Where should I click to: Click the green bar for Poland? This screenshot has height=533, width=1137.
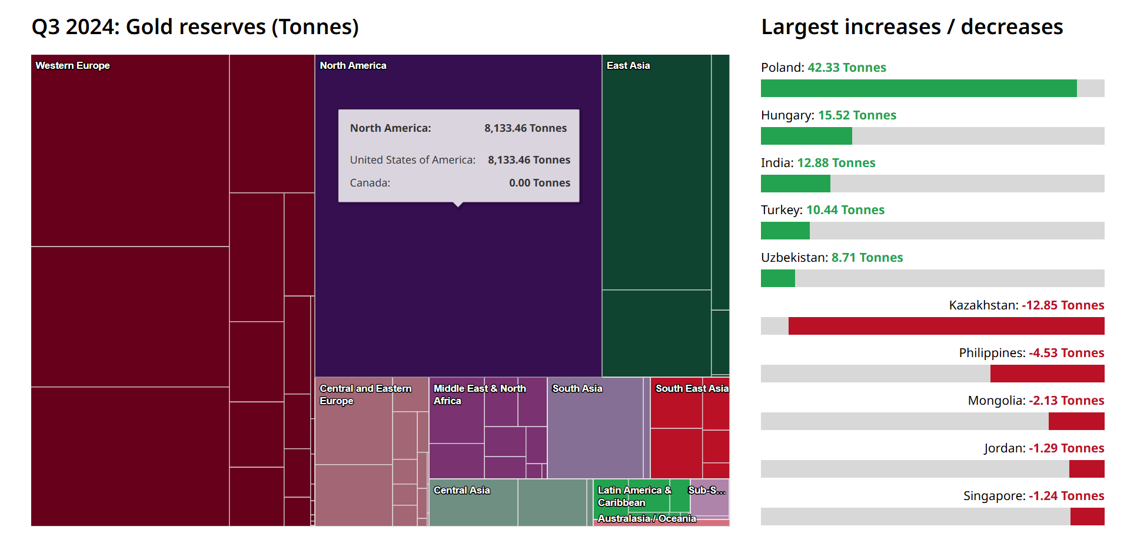point(918,88)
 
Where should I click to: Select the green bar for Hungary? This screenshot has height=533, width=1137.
point(806,136)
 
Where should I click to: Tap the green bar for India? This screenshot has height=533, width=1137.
point(795,184)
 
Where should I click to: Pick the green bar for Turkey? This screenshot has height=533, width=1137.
point(785,231)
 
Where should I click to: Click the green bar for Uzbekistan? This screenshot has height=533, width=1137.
point(777,278)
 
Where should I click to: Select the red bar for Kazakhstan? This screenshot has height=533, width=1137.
point(946,326)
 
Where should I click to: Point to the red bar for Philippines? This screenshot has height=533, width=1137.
point(1047,374)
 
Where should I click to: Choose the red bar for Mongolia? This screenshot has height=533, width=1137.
point(1076,421)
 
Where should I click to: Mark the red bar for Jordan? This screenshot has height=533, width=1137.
point(1086,469)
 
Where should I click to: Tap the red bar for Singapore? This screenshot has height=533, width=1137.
point(1087,517)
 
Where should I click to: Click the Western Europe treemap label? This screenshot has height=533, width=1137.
point(72,65)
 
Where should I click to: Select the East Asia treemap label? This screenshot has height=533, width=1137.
point(628,65)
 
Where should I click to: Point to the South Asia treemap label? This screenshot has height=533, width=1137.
point(577,388)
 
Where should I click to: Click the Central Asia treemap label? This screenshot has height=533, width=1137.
point(461,490)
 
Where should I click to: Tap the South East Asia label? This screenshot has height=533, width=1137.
point(691,388)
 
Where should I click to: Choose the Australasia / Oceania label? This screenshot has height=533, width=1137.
point(647,518)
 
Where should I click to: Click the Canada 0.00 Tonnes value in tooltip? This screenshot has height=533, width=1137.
point(539,183)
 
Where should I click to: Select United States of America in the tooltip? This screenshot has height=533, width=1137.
point(413,160)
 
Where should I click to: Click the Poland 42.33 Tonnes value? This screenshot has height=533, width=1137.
point(846,68)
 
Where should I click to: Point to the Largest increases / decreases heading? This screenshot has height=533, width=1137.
point(912,27)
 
